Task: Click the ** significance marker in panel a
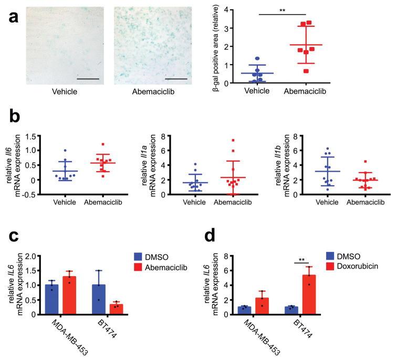[x=283, y=10]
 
